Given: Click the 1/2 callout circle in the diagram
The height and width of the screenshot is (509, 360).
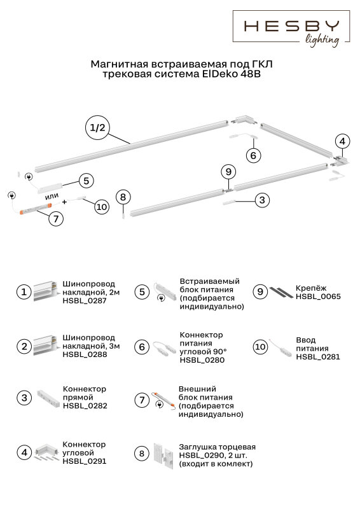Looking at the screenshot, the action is click(x=97, y=128).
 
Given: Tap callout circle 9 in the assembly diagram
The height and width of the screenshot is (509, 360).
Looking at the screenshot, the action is click(x=228, y=172).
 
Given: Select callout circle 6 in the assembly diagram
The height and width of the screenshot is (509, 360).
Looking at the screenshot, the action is click(x=253, y=155).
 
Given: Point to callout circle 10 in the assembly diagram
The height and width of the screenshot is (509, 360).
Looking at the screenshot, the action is click(x=102, y=207).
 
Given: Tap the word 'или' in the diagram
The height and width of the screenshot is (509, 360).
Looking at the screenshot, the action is click(x=52, y=196).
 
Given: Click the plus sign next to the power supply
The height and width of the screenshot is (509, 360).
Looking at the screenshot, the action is click(x=64, y=202).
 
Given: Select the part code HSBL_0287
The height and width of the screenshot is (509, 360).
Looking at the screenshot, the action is click(x=85, y=300).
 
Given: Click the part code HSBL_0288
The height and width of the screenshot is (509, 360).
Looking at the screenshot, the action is click(x=85, y=354).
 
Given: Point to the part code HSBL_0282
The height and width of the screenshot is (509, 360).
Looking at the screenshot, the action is click(x=85, y=406).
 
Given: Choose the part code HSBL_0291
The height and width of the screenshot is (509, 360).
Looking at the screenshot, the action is click(x=85, y=461).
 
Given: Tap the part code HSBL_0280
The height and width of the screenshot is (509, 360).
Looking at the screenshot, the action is click(x=202, y=360).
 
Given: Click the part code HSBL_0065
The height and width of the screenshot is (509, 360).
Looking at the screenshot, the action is click(x=318, y=296).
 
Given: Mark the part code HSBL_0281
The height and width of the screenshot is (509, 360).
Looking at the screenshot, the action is click(x=318, y=357).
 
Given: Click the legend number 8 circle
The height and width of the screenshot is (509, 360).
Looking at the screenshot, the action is click(x=142, y=453).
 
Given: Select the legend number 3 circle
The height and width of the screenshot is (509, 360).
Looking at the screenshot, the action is click(x=24, y=398).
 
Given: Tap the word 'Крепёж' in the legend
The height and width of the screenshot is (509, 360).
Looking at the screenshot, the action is click(x=307, y=288).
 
